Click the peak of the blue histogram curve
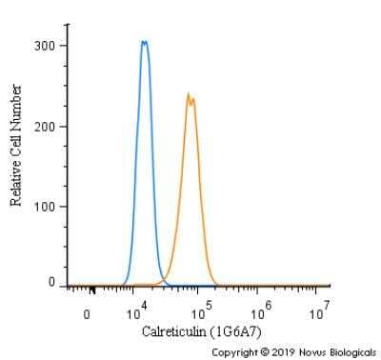click(x=144, y=42)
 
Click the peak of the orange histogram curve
click(x=189, y=94)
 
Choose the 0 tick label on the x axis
click(x=88, y=313)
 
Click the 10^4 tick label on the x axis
click(x=136, y=310)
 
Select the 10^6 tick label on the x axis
click(x=261, y=310)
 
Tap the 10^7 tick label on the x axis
click(x=321, y=310)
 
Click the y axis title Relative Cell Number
click(x=16, y=145)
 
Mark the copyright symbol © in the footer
click(x=267, y=352)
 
